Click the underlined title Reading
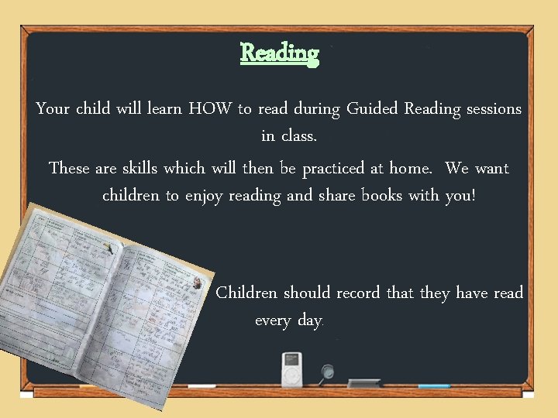pyautogui.click(x=279, y=53)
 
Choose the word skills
pyautogui.click(x=140, y=168)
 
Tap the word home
pyautogui.click(x=410, y=168)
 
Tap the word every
pyautogui.click(x=273, y=320)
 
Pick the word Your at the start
pyautogui.click(x=53, y=109)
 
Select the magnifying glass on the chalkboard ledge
pyautogui.click(x=328, y=372)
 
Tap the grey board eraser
pyautogui.click(x=364, y=382)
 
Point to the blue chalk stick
pyautogui.click(x=434, y=385)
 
